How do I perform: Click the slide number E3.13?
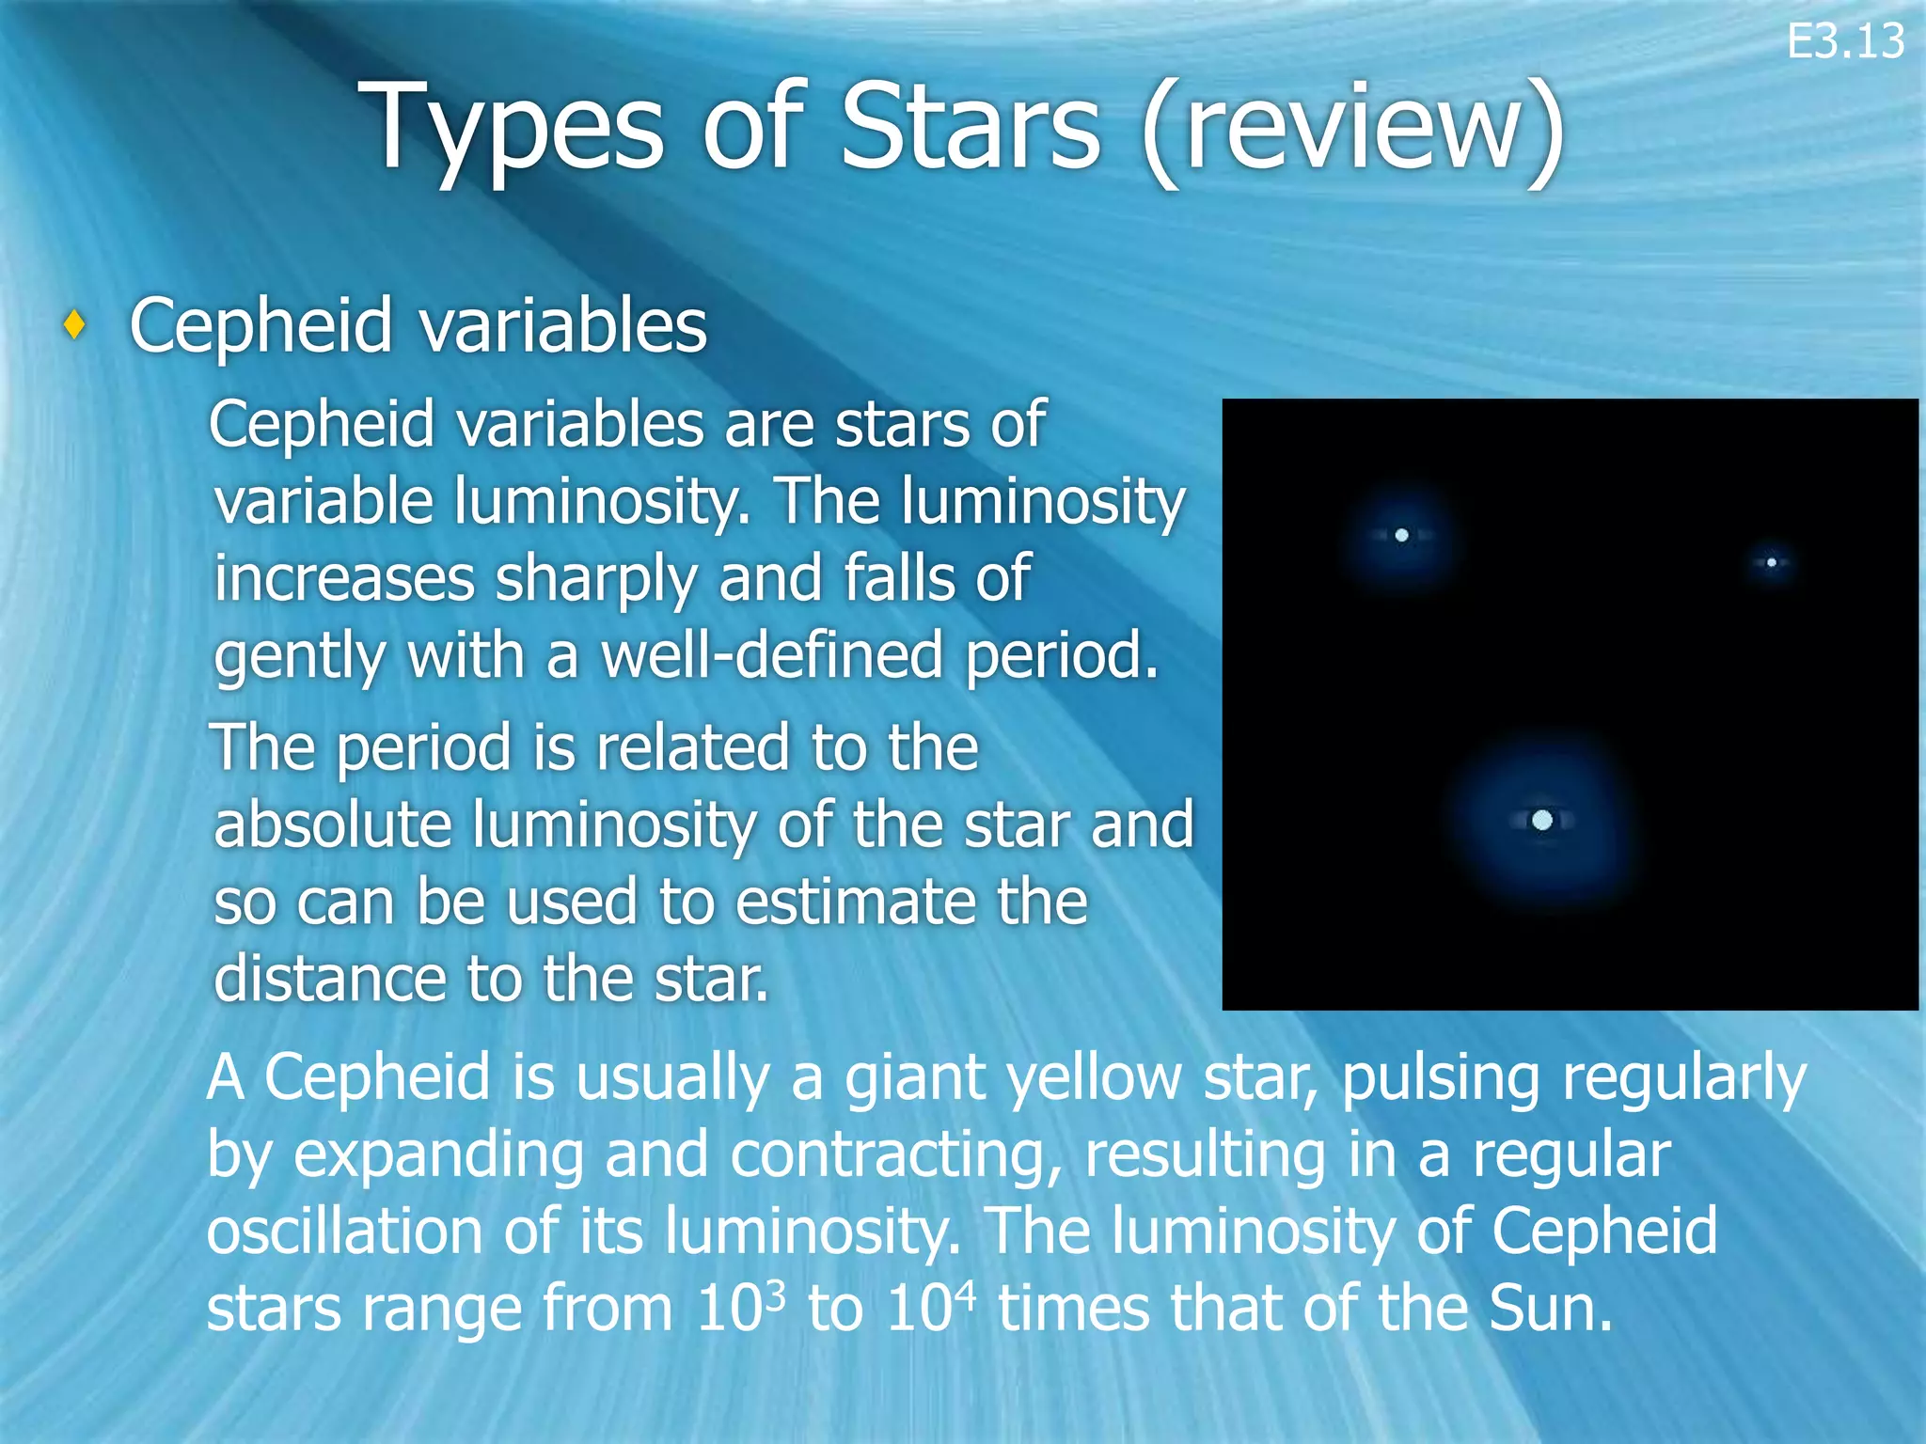[x=1844, y=42]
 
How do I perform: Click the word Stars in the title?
[x=970, y=127]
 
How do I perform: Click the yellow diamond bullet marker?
[x=75, y=325]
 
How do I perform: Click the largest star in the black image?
[x=1541, y=820]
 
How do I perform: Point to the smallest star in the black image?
[x=1771, y=562]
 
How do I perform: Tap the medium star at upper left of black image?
[x=1401, y=535]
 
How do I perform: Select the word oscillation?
[x=344, y=1231]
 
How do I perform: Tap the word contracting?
[x=893, y=1154]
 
